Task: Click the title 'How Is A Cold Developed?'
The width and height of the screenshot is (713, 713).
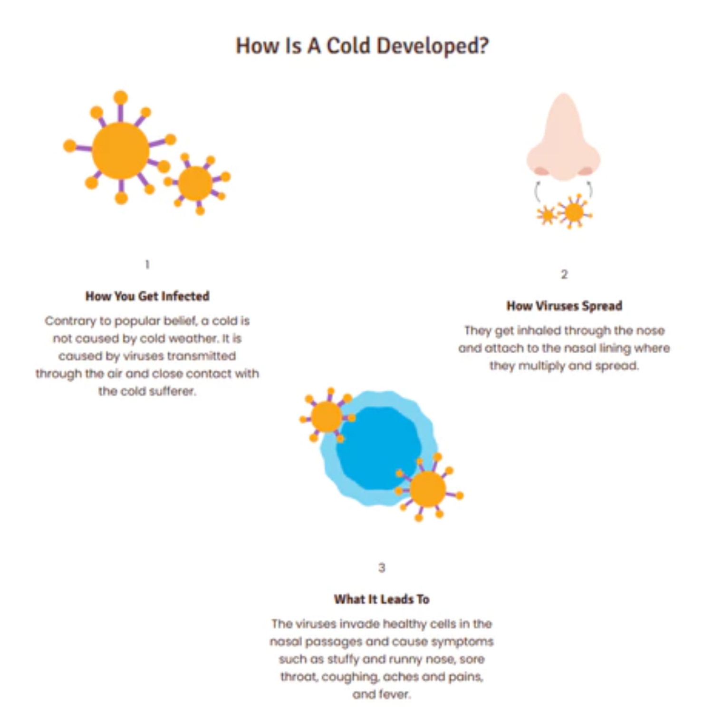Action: click(x=362, y=46)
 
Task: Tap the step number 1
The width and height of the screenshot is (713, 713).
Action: click(x=147, y=264)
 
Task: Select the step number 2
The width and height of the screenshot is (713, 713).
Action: click(x=564, y=274)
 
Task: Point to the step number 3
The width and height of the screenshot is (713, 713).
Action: click(x=382, y=568)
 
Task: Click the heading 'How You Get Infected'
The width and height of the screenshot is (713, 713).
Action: click(x=147, y=296)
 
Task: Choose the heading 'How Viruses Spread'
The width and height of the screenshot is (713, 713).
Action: click(x=564, y=306)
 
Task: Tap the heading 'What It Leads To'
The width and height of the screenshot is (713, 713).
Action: click(x=382, y=599)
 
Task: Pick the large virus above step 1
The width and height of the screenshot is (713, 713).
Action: click(x=120, y=149)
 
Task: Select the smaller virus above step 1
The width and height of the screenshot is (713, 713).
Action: click(x=196, y=183)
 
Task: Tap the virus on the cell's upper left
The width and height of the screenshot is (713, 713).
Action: click(x=327, y=416)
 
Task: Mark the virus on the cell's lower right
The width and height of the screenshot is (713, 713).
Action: click(x=428, y=489)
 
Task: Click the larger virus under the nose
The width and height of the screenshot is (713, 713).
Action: click(x=574, y=212)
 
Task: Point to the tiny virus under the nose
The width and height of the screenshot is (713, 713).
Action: click(x=547, y=215)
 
